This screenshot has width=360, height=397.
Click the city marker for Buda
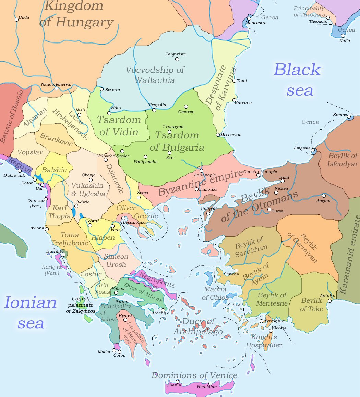point(16,20)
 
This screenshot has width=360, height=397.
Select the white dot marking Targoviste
point(177,59)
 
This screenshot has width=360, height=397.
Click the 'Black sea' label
point(298,80)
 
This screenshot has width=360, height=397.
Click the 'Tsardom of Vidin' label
point(119,126)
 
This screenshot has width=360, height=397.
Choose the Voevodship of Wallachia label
point(155,75)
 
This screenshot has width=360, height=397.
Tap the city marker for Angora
point(324,196)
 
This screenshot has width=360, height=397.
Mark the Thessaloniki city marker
point(123,218)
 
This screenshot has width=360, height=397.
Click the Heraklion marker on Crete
point(210,383)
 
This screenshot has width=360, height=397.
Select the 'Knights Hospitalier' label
point(264,341)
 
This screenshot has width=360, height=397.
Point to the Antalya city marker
point(329,301)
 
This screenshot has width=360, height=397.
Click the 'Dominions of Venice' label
point(194,375)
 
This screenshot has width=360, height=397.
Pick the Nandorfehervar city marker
point(56,88)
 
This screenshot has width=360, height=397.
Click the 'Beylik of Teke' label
point(311,305)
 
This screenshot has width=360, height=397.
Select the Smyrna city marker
point(236,270)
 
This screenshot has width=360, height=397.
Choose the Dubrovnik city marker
point(20,171)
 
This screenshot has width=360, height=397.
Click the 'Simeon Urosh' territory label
point(116,260)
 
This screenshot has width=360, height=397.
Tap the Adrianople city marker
point(201,171)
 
